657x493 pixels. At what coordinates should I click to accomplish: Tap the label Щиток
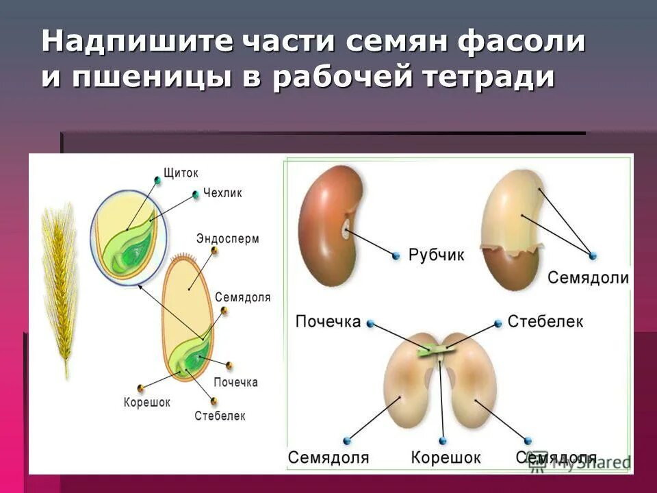[x=181, y=173]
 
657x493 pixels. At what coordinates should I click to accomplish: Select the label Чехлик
[x=222, y=193]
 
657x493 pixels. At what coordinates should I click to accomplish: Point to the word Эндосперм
[x=228, y=239]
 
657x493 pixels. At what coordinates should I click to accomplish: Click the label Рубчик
[x=436, y=255]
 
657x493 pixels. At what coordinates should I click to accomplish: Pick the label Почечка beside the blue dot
[x=328, y=321]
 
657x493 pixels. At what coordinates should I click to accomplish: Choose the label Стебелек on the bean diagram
[x=545, y=321]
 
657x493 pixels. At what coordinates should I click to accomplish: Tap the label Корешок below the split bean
[x=446, y=457]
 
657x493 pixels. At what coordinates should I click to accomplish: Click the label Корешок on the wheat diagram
[x=147, y=402]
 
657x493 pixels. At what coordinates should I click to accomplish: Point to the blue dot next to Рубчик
[x=396, y=256]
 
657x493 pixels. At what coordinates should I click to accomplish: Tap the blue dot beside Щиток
[x=158, y=180]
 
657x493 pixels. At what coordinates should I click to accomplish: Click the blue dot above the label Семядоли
[x=593, y=255]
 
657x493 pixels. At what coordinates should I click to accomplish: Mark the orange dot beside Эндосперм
[x=215, y=251]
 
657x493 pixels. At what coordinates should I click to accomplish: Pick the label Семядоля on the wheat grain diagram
[x=243, y=297]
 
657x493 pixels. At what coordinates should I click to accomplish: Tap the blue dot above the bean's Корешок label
[x=443, y=440]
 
